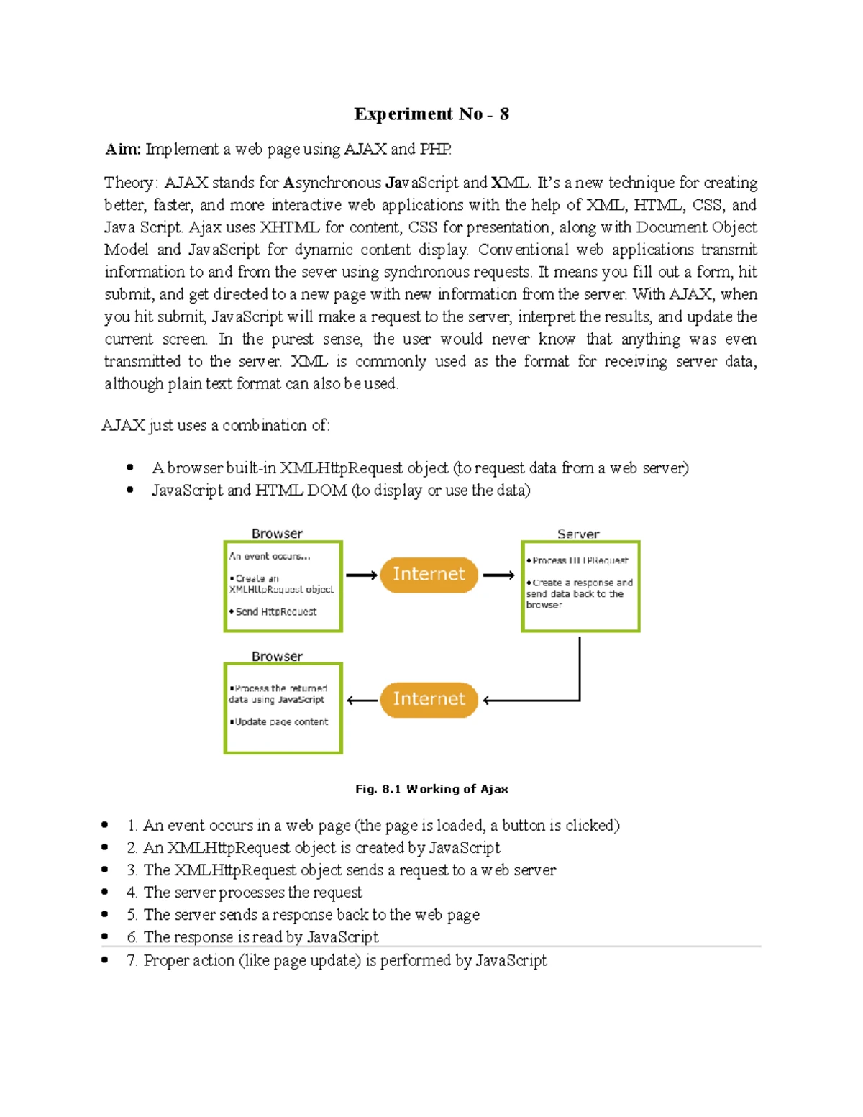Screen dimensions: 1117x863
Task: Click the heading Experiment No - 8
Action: tap(431, 114)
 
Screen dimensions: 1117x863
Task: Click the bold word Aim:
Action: tap(123, 149)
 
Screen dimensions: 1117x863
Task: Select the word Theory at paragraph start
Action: tap(128, 183)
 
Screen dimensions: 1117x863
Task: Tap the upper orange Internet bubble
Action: tap(429, 574)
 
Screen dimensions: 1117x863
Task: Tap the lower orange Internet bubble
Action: tap(429, 699)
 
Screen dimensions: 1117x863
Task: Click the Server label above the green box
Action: tap(577, 534)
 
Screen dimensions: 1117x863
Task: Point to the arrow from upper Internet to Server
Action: tap(498, 575)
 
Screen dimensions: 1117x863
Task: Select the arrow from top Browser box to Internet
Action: tap(361, 575)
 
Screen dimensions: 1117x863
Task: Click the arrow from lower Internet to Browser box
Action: tap(362, 700)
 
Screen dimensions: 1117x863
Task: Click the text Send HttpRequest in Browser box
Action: tap(275, 611)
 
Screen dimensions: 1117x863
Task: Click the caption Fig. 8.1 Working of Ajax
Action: tap(431, 789)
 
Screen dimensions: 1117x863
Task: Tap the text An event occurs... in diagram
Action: tap(270, 556)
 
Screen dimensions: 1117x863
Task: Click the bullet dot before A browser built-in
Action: tap(130, 468)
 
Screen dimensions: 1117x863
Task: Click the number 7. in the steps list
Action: tap(131, 960)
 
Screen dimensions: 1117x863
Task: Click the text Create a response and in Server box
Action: tap(583, 583)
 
